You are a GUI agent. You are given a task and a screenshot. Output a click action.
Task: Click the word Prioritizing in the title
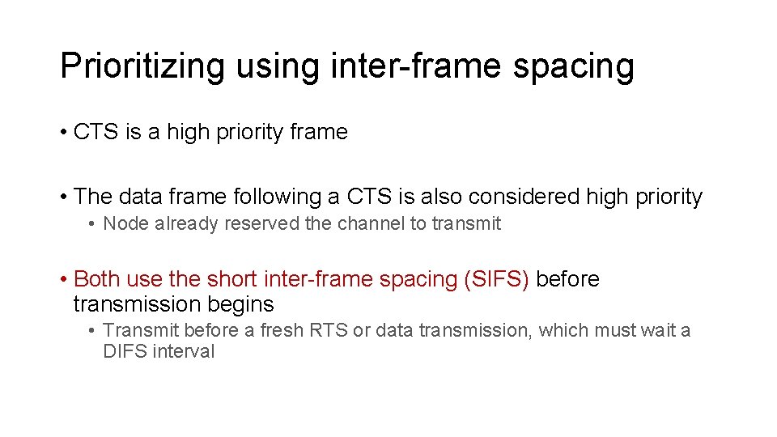(142, 66)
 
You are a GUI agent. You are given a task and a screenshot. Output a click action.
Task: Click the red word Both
(97, 279)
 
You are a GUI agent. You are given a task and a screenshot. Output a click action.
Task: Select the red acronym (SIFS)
(496, 279)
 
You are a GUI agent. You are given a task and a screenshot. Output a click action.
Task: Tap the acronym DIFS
(125, 352)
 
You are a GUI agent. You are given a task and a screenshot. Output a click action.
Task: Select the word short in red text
(231, 279)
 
